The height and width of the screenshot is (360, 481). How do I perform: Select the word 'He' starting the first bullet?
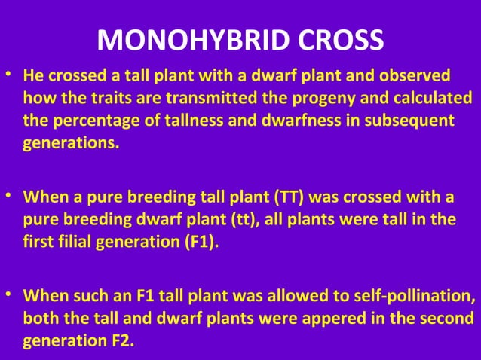[33, 77]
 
